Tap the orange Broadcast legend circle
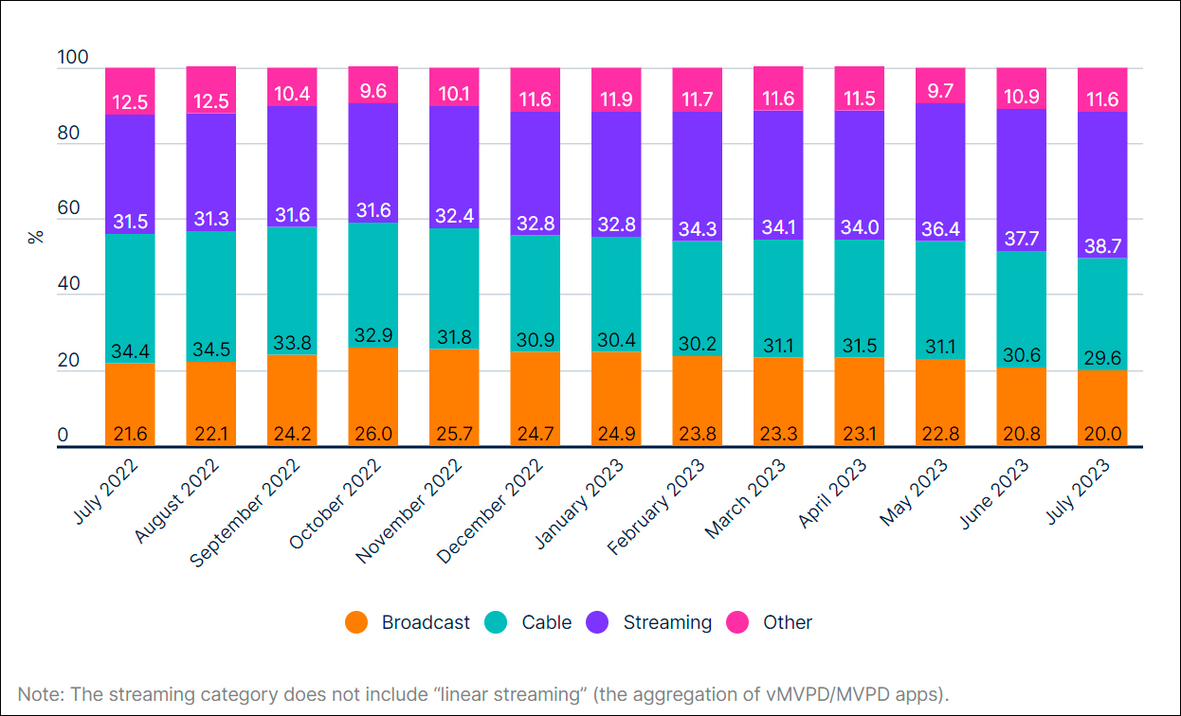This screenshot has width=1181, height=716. pyautogui.click(x=355, y=622)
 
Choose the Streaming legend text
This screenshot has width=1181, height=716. pyautogui.click(x=667, y=622)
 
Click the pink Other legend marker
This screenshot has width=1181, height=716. pyautogui.click(x=737, y=622)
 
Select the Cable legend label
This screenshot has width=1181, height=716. pyautogui.click(x=547, y=622)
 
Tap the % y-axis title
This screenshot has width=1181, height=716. pyautogui.click(x=36, y=236)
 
